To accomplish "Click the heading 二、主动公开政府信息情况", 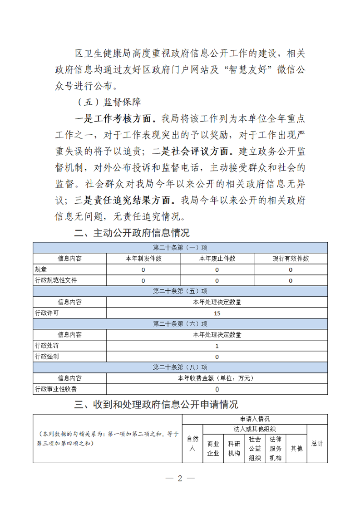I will tap(132, 234).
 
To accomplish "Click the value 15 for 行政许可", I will tap(217, 313).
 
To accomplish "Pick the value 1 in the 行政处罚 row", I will tap(217, 346).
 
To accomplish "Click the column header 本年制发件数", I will tap(143, 259).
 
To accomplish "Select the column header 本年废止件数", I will tap(217, 259).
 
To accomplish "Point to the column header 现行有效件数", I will tap(291, 259).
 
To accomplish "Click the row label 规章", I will tap(41, 269).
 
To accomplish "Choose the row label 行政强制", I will tap(46, 357).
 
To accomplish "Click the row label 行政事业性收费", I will tap(56, 389).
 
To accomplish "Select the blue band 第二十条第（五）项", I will tap(180, 291).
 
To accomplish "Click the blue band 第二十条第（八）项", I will tap(180, 367).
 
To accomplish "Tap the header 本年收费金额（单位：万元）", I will tap(217, 378).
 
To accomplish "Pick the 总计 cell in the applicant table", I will tap(317, 443).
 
